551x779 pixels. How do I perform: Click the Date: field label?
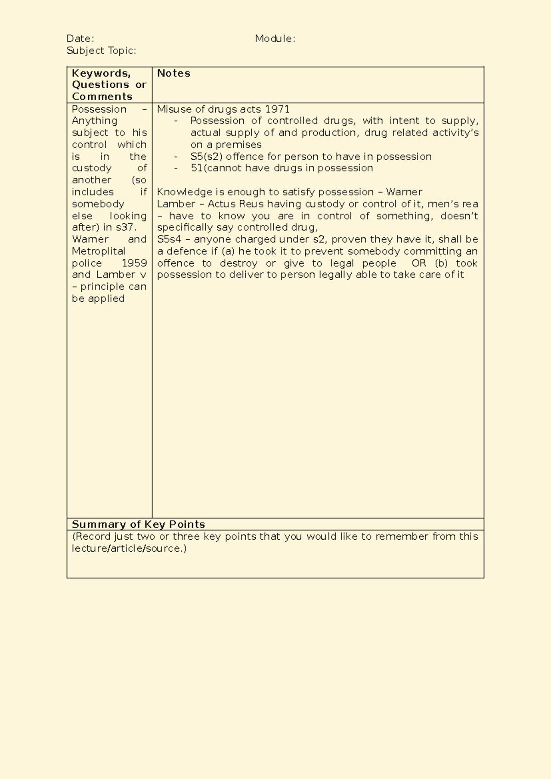80,39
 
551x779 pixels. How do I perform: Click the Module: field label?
275,39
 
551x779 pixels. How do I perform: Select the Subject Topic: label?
101,51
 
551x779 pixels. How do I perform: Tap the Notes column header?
173,73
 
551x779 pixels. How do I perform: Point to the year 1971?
277,109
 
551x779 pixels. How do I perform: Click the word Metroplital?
98,251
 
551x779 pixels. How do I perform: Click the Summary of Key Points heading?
138,524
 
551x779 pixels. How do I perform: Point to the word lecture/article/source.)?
129,548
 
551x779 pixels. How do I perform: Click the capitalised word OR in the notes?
418,263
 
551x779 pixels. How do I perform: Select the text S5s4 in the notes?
169,239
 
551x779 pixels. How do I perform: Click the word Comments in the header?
102,96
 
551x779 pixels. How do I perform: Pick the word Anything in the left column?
94,121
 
